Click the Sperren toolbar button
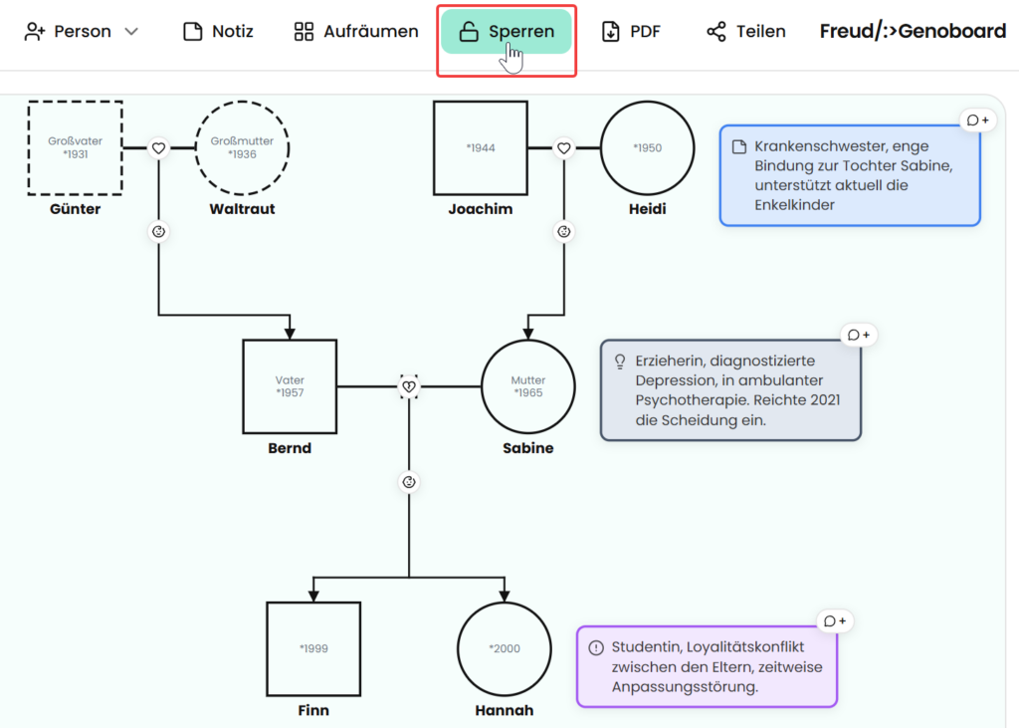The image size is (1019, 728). click(507, 31)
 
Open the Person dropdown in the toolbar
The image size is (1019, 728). click(82, 31)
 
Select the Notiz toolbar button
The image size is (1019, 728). click(218, 31)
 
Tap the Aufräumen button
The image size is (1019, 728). click(356, 31)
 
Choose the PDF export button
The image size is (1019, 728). click(631, 31)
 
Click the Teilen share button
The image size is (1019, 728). click(746, 31)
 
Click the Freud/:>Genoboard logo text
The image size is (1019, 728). click(913, 31)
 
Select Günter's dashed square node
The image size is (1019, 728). click(76, 147)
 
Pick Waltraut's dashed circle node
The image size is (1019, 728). click(243, 147)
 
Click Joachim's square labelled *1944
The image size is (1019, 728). click(481, 147)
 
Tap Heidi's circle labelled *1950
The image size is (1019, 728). click(647, 147)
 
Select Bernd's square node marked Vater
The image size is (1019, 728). click(290, 386)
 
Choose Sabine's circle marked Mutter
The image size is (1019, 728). click(528, 386)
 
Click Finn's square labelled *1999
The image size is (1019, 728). click(313, 649)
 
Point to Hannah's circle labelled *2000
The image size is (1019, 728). click(505, 649)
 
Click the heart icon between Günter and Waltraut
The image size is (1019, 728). click(158, 148)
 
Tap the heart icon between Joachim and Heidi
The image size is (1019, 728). click(564, 148)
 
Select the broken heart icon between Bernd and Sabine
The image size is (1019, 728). click(409, 386)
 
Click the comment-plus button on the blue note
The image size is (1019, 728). click(978, 121)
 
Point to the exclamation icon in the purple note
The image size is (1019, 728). click(596, 648)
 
